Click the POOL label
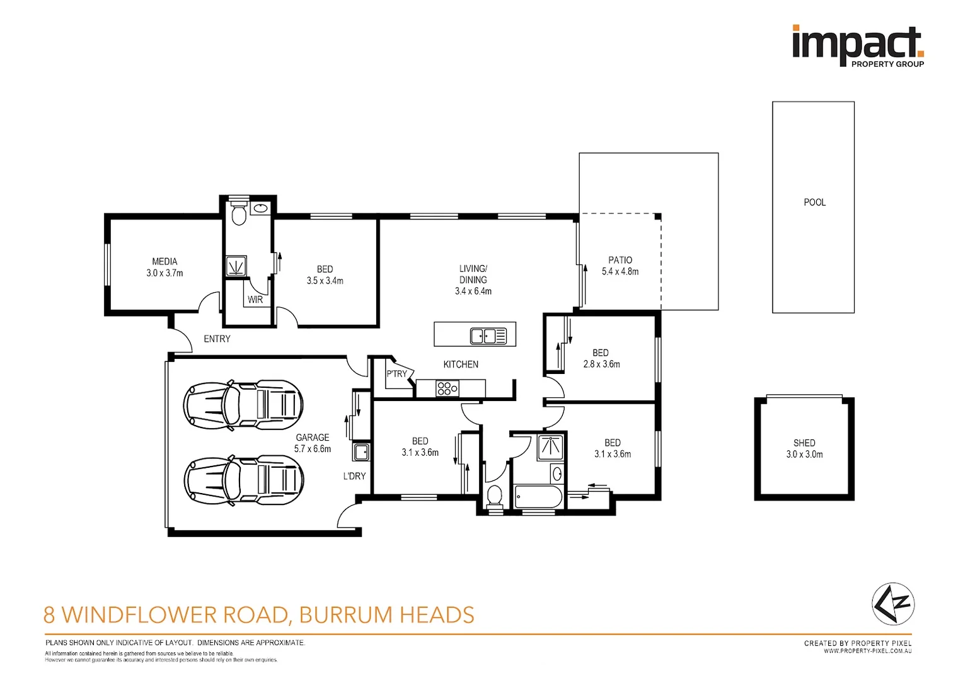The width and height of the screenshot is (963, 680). coord(815,202)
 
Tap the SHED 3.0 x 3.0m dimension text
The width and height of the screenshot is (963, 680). coord(804,454)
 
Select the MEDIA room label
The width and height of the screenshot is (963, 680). coord(164,261)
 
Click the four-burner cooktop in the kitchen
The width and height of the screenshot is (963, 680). coord(447,388)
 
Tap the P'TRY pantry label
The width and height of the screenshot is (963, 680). coord(396,374)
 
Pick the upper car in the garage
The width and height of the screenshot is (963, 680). coord(243,405)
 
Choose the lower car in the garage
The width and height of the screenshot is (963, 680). coord(244,480)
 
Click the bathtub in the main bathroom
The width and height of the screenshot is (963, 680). coord(538,496)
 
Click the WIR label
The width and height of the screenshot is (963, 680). coord(255,300)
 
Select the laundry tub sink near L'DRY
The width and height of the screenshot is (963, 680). coord(361,452)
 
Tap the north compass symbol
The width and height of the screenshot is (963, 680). coord(893,604)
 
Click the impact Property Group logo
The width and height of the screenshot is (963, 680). coord(858,47)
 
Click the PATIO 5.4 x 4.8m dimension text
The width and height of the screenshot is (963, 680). coord(620,271)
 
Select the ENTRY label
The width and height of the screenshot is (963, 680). coord(217,339)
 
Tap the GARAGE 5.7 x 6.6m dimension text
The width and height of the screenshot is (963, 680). coord(313,449)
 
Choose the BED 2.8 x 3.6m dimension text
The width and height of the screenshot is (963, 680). coord(601,365)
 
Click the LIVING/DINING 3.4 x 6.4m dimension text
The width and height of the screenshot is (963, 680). coord(473,292)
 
